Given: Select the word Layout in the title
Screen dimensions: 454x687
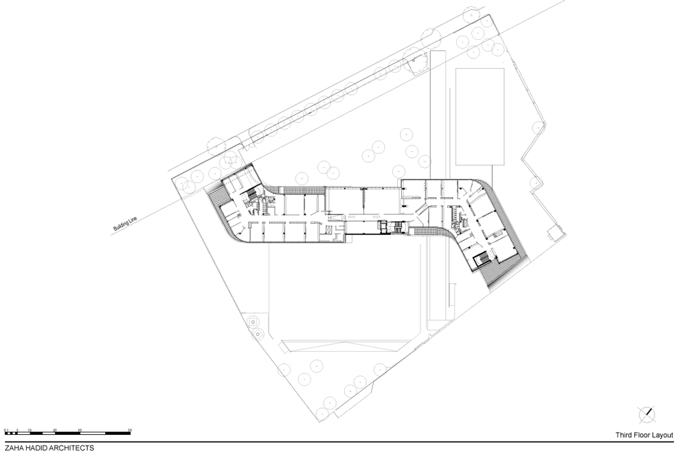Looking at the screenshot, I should pos(664,435).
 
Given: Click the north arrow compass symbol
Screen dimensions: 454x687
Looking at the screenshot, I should pos(646,415).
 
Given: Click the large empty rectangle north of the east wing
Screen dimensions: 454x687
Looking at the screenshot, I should pos(481,117).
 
